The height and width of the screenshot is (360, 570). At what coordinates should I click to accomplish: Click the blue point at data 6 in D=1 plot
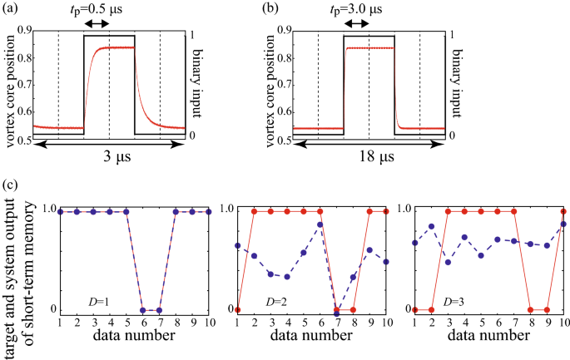tap(143, 310)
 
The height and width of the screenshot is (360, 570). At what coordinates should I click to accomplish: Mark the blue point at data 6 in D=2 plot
tap(320, 225)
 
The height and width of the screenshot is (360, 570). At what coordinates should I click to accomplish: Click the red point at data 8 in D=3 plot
tap(530, 310)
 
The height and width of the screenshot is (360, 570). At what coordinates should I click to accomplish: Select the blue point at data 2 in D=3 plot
tap(432, 226)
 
